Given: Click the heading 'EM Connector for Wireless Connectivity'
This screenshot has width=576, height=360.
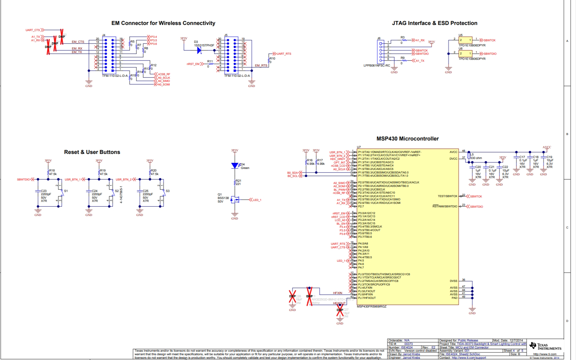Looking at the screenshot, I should [163, 23].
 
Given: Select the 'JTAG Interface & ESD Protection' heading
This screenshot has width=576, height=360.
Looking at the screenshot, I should [434, 23].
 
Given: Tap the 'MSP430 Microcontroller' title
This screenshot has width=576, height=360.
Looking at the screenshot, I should [407, 139].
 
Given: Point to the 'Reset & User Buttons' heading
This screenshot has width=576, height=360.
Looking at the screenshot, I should [92, 152].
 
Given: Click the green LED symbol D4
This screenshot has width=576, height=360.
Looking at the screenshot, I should [235, 165].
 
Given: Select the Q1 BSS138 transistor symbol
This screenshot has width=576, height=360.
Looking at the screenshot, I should [235, 200].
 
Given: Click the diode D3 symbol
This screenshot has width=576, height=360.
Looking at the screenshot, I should [199, 50].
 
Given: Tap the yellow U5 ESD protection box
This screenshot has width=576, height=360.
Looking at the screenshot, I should [465, 40].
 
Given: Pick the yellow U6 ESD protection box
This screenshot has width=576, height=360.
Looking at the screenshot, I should [465, 53].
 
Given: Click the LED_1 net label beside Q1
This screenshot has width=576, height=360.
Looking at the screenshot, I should [257, 200].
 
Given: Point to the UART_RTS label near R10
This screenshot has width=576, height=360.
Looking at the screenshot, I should [284, 54].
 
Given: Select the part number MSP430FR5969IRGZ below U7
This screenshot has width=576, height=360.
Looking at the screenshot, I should [371, 307].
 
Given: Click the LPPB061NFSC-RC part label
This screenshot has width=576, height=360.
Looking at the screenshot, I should [376, 66].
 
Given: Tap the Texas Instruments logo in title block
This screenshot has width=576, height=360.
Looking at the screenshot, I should [545, 346].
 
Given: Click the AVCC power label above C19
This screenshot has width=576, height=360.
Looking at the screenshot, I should [547, 147].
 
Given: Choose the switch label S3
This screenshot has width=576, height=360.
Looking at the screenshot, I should [168, 191].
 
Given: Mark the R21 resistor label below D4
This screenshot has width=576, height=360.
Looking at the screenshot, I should [238, 181].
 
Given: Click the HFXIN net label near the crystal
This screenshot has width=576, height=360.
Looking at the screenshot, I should [337, 293].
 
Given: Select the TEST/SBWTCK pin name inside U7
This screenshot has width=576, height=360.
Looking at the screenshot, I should [447, 196].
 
